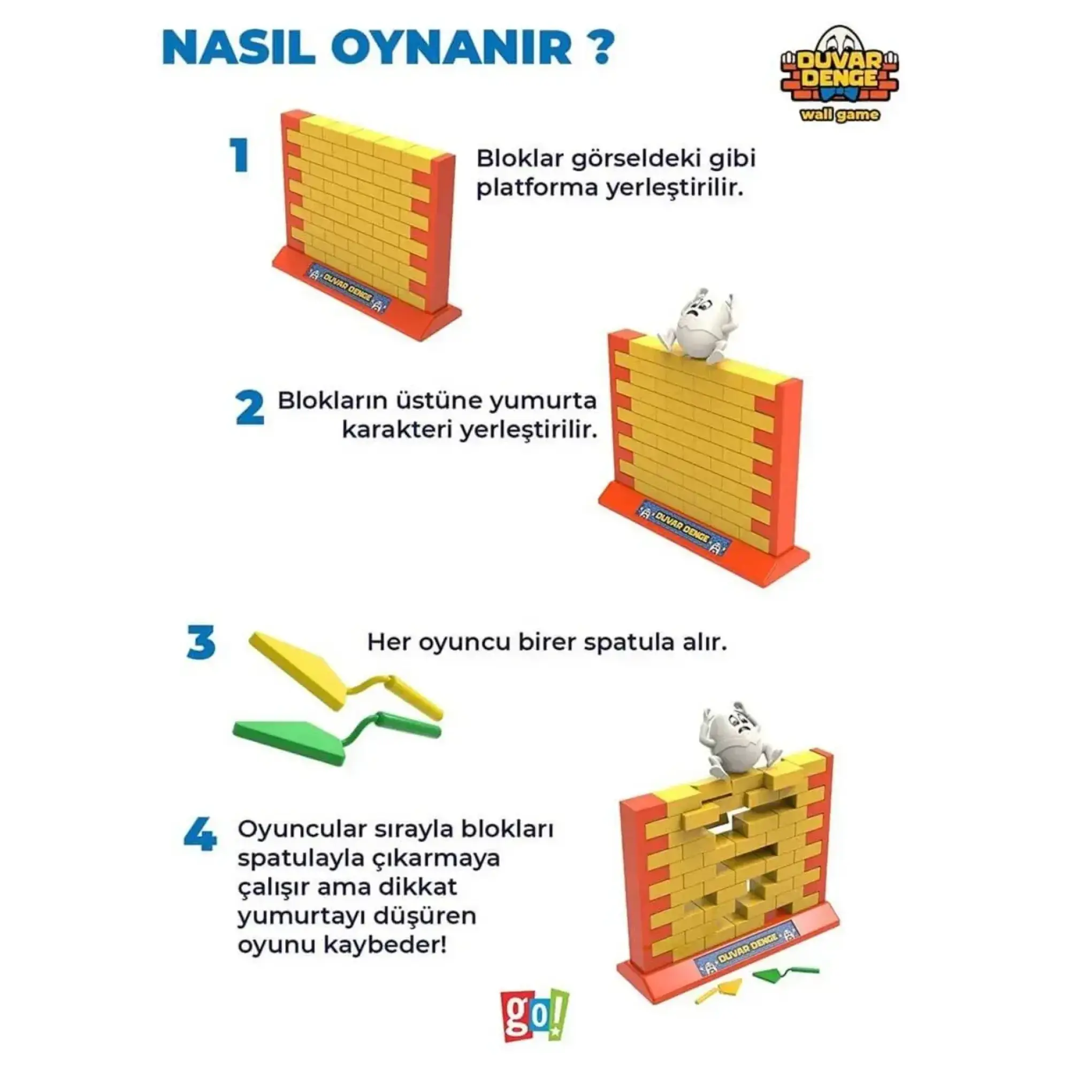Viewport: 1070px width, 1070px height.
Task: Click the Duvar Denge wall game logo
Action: tap(839, 75)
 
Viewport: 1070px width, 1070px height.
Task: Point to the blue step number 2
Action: tap(250, 408)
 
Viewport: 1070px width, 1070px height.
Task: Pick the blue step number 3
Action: tap(201, 643)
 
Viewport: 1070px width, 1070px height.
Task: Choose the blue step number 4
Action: tap(200, 835)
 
